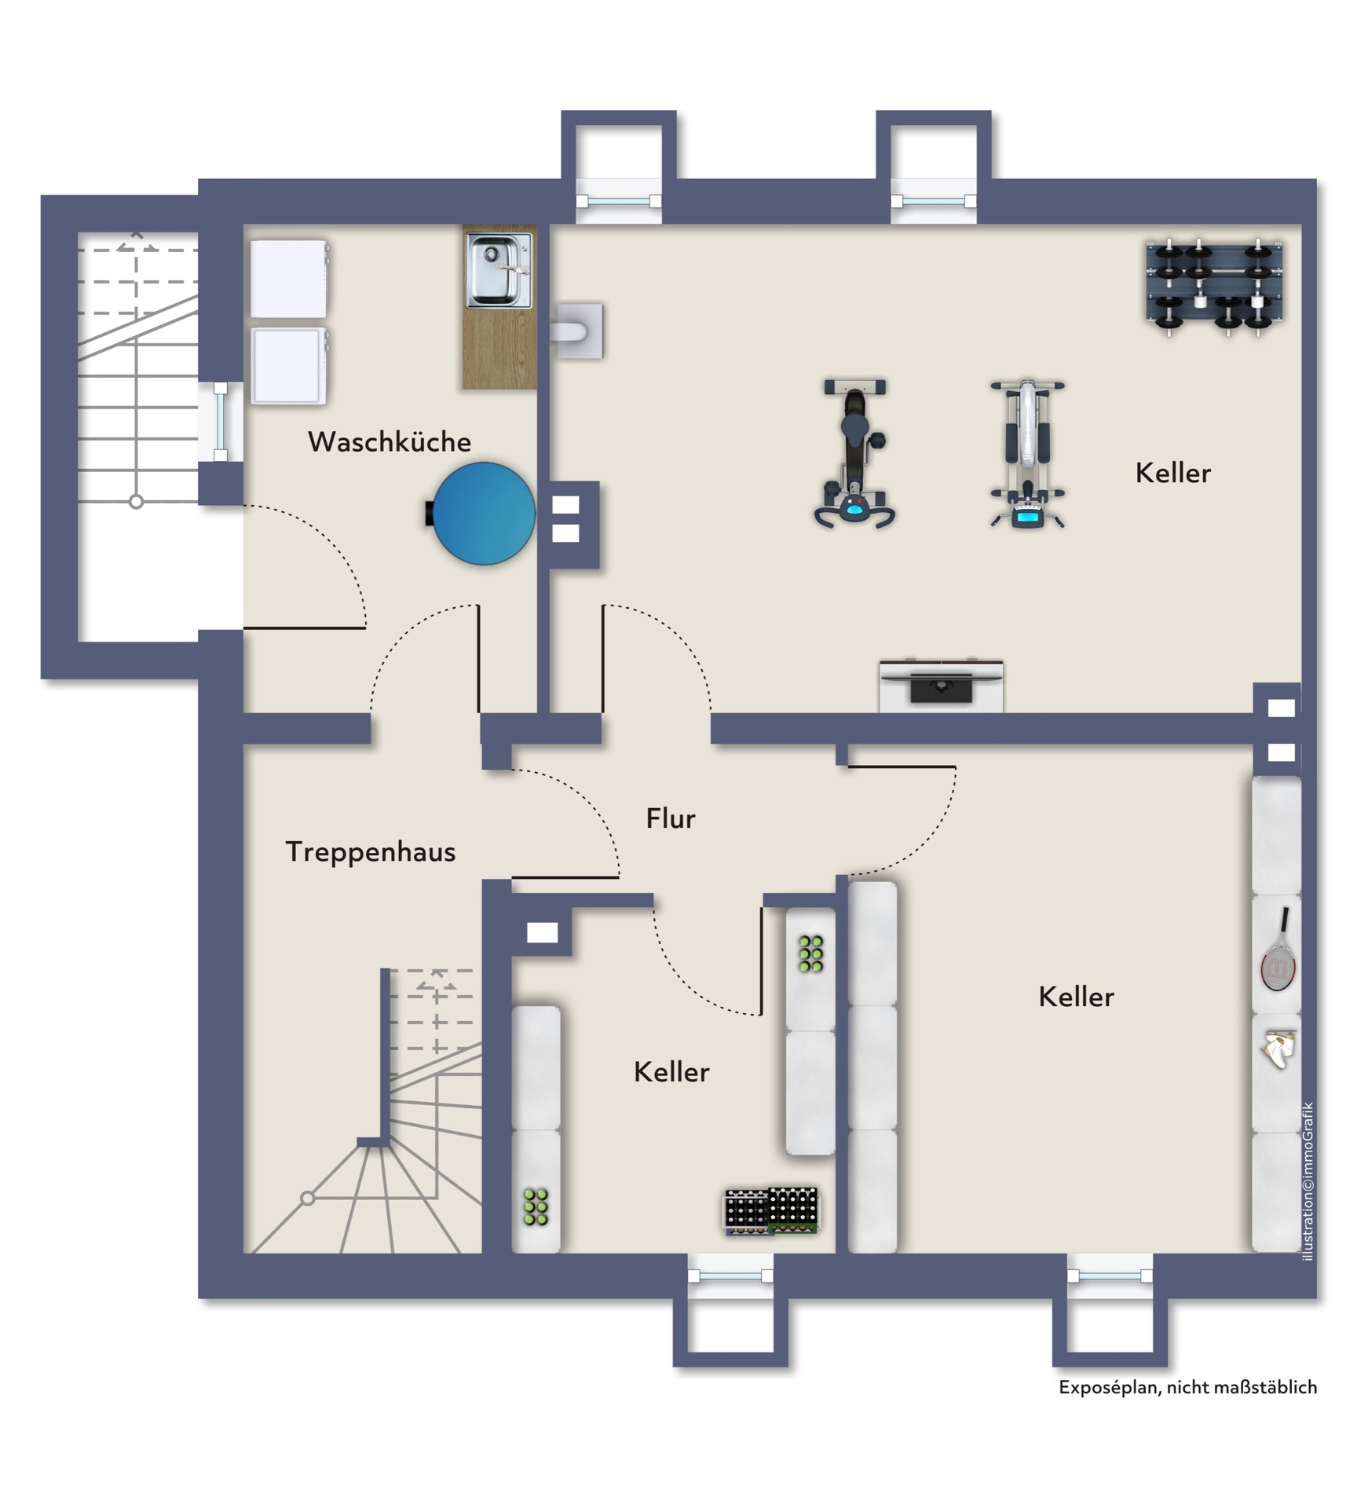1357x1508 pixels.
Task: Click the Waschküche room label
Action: click(x=390, y=441)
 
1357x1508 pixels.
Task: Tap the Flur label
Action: click(x=671, y=818)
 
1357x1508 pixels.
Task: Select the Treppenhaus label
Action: click(x=371, y=852)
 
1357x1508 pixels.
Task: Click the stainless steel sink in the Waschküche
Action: click(x=499, y=270)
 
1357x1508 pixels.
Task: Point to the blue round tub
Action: click(x=481, y=514)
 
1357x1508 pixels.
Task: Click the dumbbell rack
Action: click(x=1214, y=287)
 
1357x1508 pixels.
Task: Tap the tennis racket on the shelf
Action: click(x=1278, y=950)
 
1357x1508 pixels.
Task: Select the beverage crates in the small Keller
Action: click(x=771, y=1210)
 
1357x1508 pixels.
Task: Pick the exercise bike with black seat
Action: click(x=854, y=453)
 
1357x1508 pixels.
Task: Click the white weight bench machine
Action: click(x=1027, y=455)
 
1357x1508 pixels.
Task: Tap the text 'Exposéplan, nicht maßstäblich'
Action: click(x=1187, y=1387)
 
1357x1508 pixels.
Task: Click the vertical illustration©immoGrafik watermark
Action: click(x=1308, y=1182)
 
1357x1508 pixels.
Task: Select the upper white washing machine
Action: click(x=289, y=279)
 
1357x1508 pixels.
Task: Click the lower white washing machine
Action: click(x=289, y=366)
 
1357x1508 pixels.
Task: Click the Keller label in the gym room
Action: click(x=1173, y=473)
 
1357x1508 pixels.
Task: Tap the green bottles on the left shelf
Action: click(x=536, y=1207)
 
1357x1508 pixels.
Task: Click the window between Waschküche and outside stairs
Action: click(x=221, y=422)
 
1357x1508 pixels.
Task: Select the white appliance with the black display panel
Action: click(x=941, y=686)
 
